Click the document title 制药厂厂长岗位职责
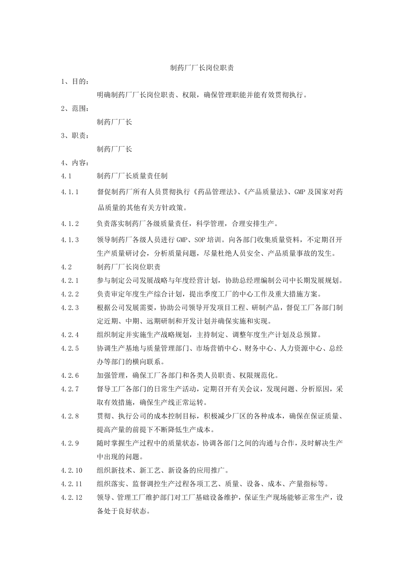pyautogui.click(x=202, y=68)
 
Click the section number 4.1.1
pyautogui.click(x=70, y=192)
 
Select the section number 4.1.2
pyautogui.click(x=70, y=223)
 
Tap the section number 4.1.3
pyautogui.click(x=70, y=240)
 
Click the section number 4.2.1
pyautogui.click(x=70, y=280)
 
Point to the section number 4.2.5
pyautogui.click(x=70, y=348)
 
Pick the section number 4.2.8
pyautogui.click(x=70, y=416)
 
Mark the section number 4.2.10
pyautogui.click(x=72, y=471)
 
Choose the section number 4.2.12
pyautogui.click(x=72, y=498)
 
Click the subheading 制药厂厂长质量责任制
pyautogui.click(x=132, y=176)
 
